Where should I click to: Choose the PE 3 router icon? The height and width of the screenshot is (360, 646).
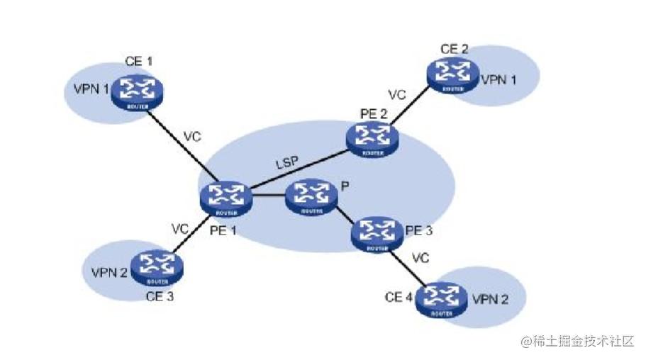pos(378,234)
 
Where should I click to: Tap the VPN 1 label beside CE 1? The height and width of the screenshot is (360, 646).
pos(91,89)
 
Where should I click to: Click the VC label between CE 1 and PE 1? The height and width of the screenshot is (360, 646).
pos(193,135)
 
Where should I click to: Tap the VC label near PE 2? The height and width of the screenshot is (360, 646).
pos(397,95)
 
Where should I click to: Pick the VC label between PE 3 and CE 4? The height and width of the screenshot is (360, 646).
pos(422,259)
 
